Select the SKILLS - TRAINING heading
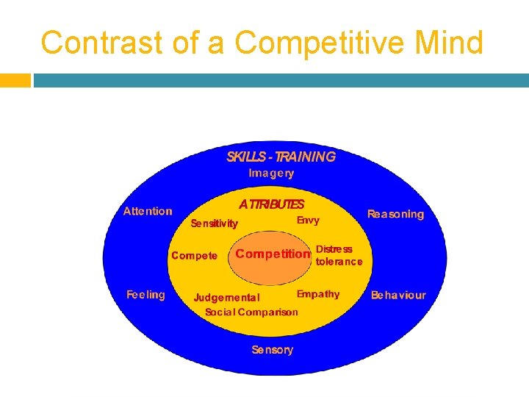(x=281, y=156)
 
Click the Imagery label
(x=271, y=174)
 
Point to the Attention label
(x=148, y=211)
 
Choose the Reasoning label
(x=395, y=214)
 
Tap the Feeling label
(x=146, y=294)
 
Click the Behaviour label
(x=397, y=295)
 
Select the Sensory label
(x=272, y=350)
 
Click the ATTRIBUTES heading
(x=271, y=204)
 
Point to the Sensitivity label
(x=214, y=223)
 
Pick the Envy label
(x=308, y=220)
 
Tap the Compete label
(x=194, y=256)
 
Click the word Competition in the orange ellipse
(x=273, y=254)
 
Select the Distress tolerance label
(x=338, y=255)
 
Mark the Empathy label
(x=317, y=294)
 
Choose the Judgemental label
(x=226, y=298)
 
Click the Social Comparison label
(x=251, y=312)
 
